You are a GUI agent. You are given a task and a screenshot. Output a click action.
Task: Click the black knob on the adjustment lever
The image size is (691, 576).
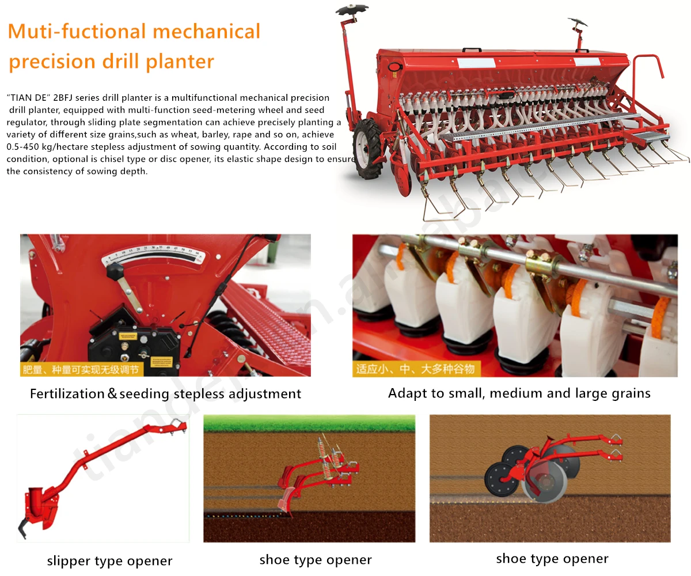(116, 269)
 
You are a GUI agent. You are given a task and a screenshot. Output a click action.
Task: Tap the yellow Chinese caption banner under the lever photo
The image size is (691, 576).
(81, 369)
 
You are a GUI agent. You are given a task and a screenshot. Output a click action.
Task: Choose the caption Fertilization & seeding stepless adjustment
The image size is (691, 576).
(165, 394)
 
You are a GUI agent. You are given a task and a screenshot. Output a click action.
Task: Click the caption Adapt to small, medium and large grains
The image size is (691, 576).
(519, 393)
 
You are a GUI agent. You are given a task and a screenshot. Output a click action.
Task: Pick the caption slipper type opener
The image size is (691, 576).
(109, 560)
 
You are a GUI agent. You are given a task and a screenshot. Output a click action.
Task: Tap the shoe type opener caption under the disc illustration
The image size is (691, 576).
(552, 558)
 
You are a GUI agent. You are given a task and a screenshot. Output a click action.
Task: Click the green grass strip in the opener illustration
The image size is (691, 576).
(309, 423)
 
